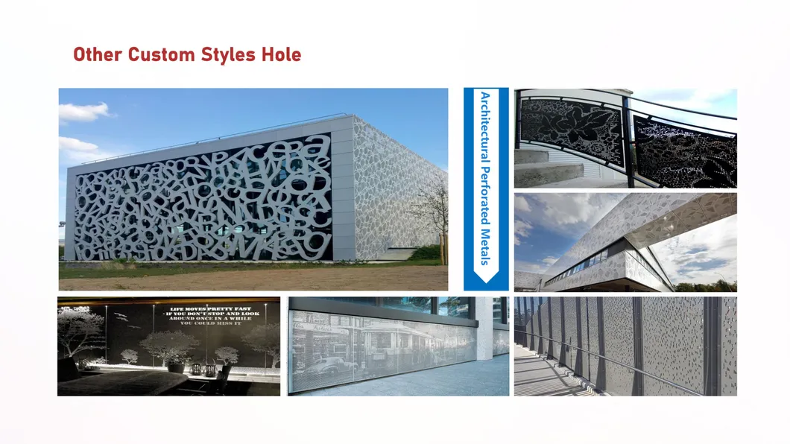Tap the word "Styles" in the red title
[x=224, y=54]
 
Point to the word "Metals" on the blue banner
[x=485, y=247]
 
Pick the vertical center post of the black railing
[x=628, y=142]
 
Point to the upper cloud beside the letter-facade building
[x=83, y=112]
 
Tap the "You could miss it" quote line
[x=211, y=323]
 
